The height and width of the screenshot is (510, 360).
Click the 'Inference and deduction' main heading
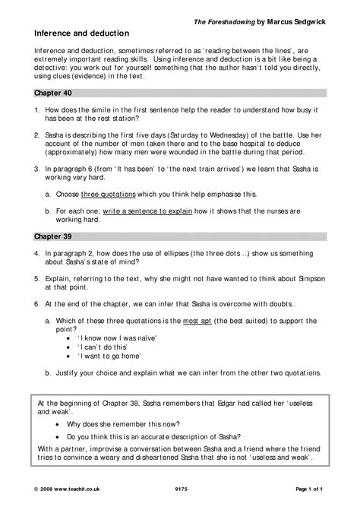[82, 34]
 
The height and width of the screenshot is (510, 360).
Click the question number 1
[37, 111]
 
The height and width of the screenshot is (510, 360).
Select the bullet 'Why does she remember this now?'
[135, 423]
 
